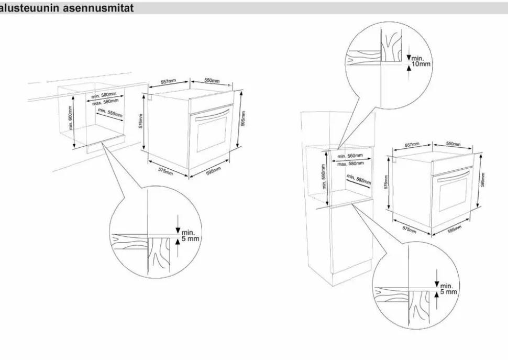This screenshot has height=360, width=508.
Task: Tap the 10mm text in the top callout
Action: click(421, 65)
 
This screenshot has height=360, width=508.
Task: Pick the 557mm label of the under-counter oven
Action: click(168, 82)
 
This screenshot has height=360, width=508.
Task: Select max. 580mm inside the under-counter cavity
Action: click(105, 102)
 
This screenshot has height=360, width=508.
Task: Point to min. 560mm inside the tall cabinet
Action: click(350, 156)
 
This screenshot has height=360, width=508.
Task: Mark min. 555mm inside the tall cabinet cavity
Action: click(359, 179)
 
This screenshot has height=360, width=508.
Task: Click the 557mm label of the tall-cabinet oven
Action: click(412, 145)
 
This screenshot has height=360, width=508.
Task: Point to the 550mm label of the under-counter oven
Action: click(212, 81)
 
